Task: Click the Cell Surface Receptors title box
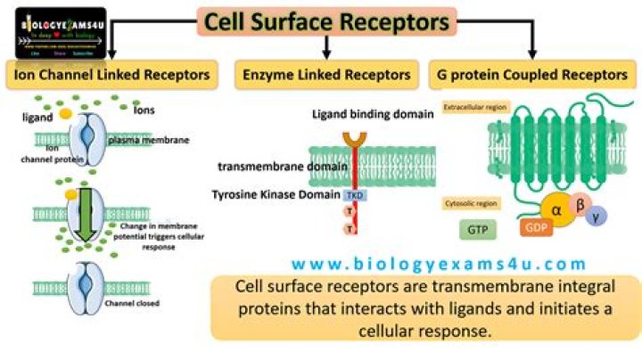[x=326, y=20]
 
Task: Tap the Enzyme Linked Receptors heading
[x=326, y=75]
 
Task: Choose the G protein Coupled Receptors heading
[x=533, y=75]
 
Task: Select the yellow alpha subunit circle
[x=556, y=210]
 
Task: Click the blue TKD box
[x=352, y=193]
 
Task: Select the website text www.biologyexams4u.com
[x=439, y=263]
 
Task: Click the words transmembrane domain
[x=268, y=167]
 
